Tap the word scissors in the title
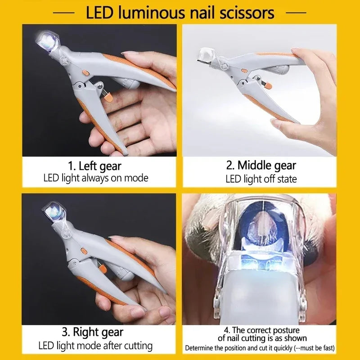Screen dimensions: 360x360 (244, 12)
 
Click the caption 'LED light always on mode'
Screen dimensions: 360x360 (95, 178)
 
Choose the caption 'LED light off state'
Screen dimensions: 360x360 (261, 179)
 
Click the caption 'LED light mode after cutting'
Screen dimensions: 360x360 (95, 346)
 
